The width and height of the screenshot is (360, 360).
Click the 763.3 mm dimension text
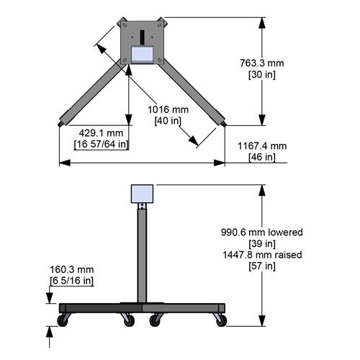click(x=261, y=63)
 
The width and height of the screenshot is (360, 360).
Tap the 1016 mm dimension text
click(x=168, y=109)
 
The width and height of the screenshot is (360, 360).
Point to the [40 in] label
click(x=168, y=120)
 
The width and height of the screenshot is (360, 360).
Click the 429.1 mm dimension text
click(x=101, y=133)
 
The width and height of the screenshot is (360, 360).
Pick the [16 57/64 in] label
click(x=102, y=145)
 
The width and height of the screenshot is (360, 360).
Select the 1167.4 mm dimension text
click(x=262, y=145)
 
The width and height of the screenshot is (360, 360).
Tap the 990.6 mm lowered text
click(x=261, y=233)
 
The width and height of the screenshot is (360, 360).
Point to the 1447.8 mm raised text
click(x=261, y=255)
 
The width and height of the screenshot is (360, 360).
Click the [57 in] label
click(x=261, y=266)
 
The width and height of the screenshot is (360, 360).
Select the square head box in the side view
click(x=143, y=194)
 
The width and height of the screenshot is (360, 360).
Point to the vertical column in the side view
click(x=143, y=252)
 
